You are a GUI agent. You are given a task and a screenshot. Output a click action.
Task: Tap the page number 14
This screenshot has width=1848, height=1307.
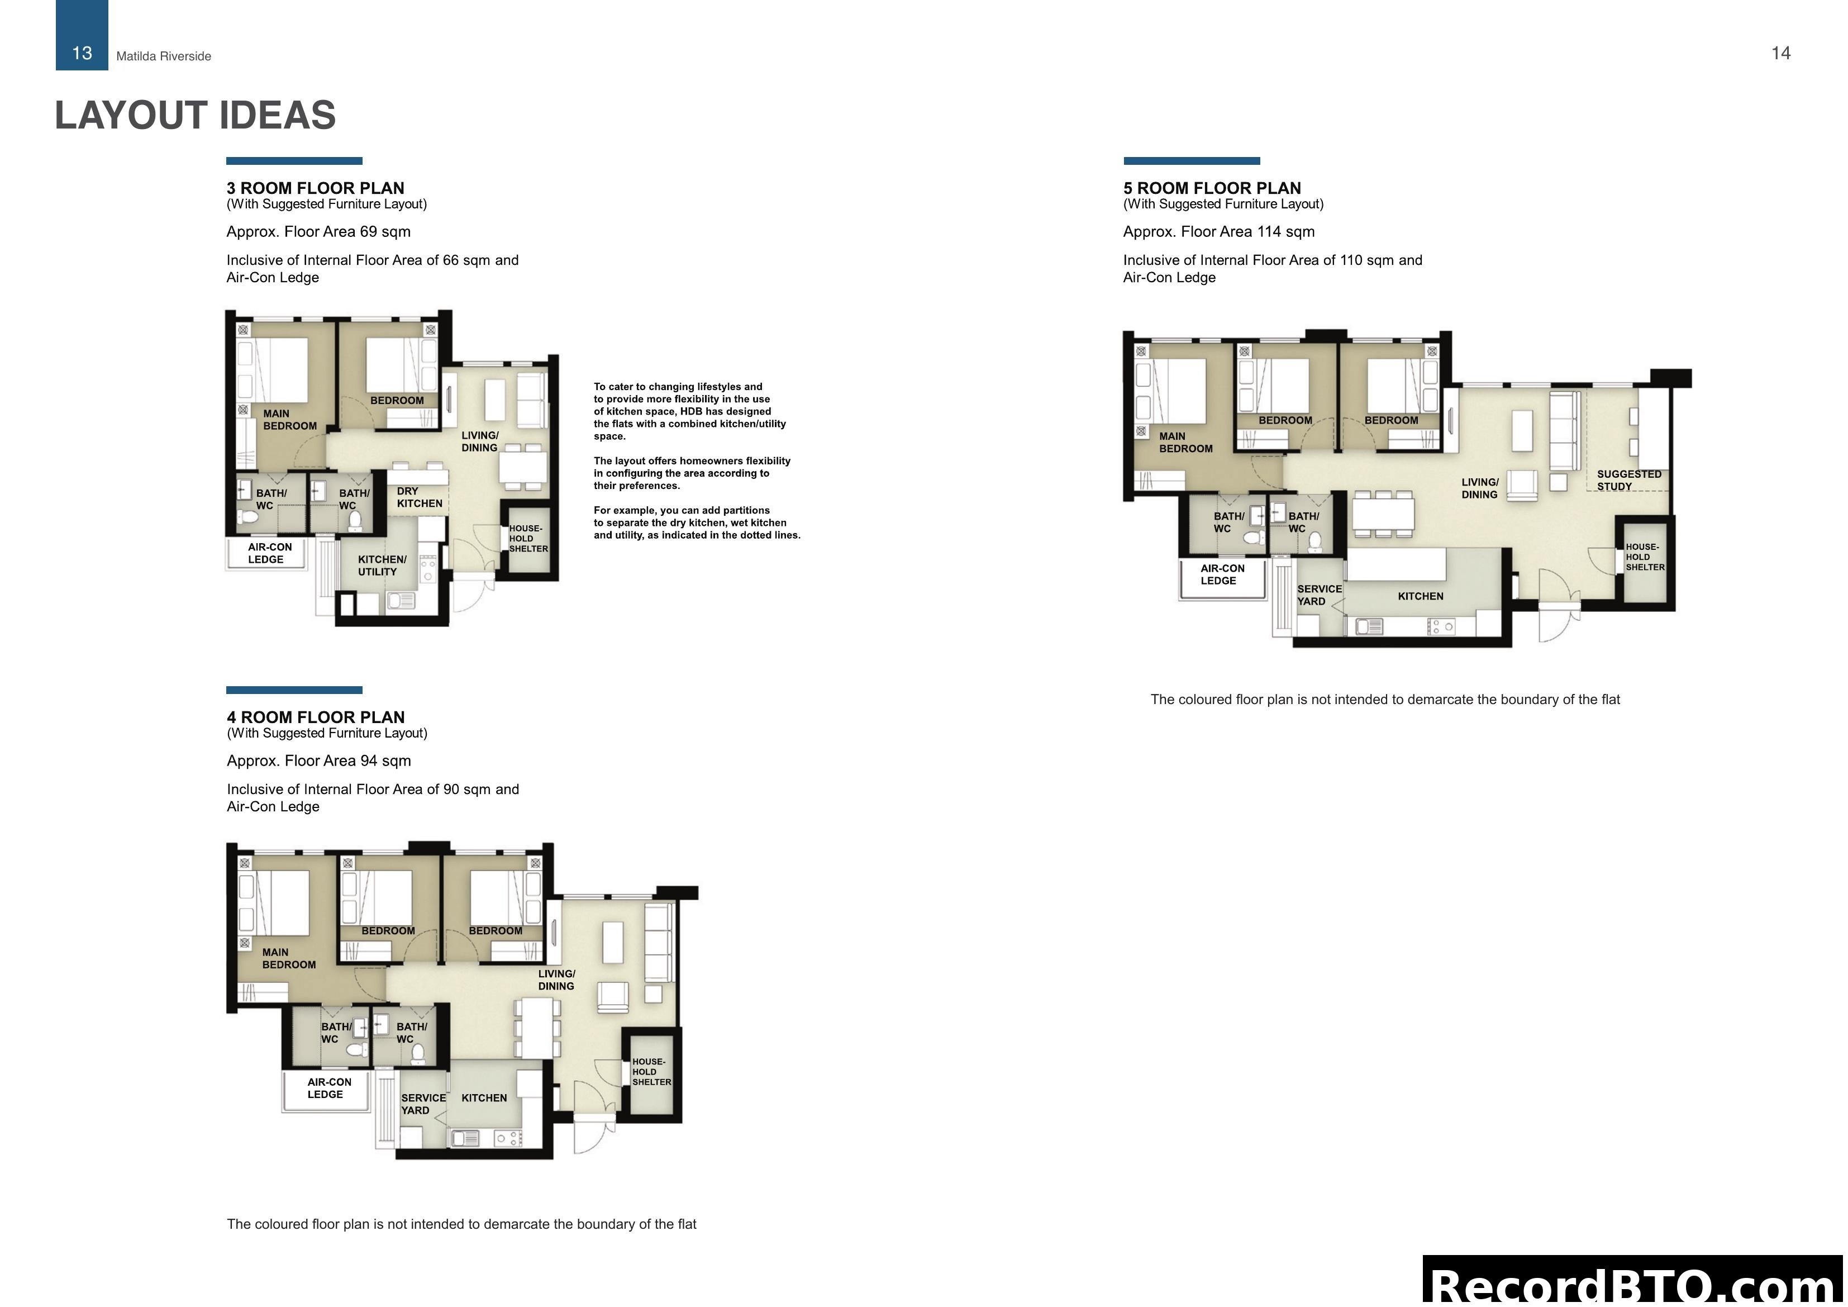coord(1780,53)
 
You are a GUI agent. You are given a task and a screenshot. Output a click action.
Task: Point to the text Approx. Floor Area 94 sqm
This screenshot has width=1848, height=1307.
coord(319,760)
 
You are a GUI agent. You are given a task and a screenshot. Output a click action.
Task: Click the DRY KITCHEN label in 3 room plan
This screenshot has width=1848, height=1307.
coord(418,497)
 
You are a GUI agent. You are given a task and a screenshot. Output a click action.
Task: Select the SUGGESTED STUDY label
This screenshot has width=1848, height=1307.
coord(1628,480)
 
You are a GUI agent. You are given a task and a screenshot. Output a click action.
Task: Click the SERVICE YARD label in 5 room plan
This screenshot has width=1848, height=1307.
coord(1319,595)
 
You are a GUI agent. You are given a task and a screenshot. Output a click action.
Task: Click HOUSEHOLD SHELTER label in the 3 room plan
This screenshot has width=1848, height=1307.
coord(527,539)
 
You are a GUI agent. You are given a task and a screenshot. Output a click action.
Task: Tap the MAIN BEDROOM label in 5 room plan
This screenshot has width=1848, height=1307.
coord(1185,442)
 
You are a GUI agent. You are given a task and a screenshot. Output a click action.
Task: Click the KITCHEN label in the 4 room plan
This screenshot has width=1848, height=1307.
coord(484,1097)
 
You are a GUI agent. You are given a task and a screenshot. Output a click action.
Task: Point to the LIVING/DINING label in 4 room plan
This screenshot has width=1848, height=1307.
coord(556,979)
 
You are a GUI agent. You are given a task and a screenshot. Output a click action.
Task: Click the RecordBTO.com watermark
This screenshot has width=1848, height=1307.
coord(1634,1285)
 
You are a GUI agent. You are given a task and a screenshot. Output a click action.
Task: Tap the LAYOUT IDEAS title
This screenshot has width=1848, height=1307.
coord(195,115)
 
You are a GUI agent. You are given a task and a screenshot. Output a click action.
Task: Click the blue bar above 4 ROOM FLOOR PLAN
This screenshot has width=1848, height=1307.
coord(294,690)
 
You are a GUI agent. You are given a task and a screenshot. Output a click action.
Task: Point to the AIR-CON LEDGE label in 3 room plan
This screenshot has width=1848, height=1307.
coord(269,553)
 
